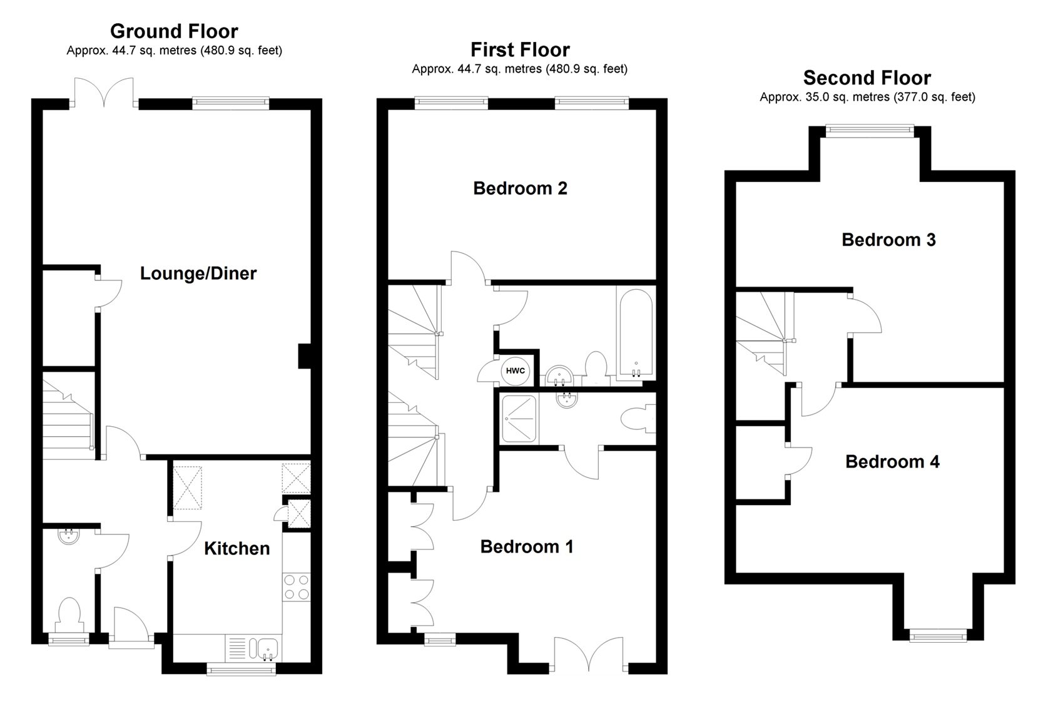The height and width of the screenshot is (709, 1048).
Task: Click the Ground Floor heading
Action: (x=174, y=31)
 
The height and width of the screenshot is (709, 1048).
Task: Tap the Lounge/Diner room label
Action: (x=198, y=273)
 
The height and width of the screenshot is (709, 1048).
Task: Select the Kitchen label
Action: (x=237, y=549)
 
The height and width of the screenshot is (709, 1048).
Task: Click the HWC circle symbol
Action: (x=515, y=371)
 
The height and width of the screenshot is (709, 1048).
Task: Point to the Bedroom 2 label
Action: (x=520, y=188)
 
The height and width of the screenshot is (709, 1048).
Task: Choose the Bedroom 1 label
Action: (x=527, y=547)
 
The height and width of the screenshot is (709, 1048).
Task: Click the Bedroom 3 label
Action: (x=888, y=240)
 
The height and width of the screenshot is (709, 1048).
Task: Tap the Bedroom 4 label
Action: (x=892, y=462)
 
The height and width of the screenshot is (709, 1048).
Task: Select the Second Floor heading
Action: (x=867, y=78)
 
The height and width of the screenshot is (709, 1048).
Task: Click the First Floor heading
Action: (x=520, y=49)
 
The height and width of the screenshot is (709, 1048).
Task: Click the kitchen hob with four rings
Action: (x=297, y=587)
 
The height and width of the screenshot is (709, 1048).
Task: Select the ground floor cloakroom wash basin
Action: (x=67, y=536)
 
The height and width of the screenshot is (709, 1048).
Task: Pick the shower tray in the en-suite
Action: (x=518, y=418)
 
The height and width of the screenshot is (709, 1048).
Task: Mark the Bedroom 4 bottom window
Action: (x=938, y=636)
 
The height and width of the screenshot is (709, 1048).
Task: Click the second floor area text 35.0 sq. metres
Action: (x=867, y=97)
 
